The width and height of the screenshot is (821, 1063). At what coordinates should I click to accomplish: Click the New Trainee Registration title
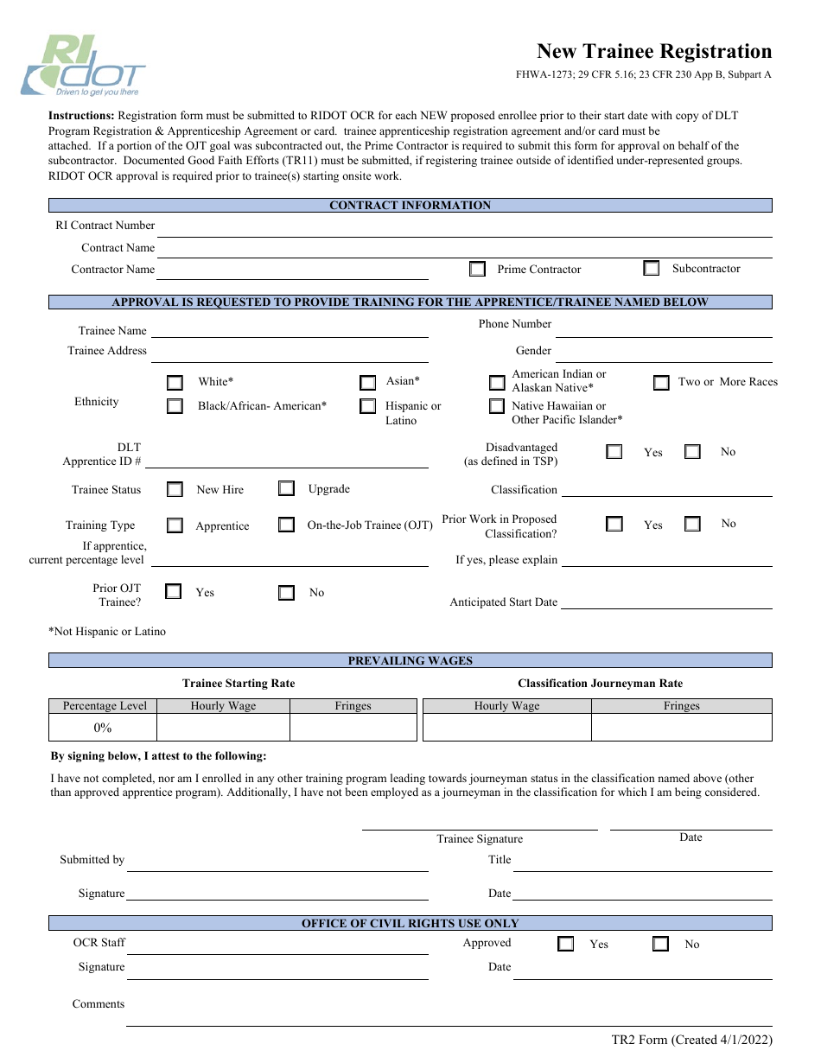click(x=653, y=51)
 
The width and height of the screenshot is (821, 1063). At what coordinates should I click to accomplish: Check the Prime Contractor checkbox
click(x=477, y=269)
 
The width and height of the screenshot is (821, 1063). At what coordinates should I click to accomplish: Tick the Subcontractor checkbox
click(x=652, y=268)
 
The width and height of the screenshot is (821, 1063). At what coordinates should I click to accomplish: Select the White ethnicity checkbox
click(x=175, y=382)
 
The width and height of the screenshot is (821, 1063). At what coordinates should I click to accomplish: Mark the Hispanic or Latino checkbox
click(x=368, y=406)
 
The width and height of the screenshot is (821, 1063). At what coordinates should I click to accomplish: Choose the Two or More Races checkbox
click(x=661, y=382)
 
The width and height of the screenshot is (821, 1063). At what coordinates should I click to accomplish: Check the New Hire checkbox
click(x=175, y=489)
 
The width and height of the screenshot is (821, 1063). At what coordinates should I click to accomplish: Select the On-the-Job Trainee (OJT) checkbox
click(x=286, y=525)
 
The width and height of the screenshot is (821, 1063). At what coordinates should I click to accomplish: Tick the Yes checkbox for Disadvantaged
click(x=614, y=451)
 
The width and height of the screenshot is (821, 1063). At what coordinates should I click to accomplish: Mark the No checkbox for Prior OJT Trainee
click(x=286, y=592)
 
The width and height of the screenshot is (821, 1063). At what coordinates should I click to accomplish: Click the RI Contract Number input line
click(x=464, y=227)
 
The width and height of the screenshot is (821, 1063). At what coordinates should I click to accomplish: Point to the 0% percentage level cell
click(x=103, y=728)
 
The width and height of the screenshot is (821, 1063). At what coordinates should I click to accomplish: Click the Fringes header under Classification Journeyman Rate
click(x=681, y=706)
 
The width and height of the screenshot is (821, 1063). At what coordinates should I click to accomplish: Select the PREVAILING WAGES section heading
click(x=410, y=661)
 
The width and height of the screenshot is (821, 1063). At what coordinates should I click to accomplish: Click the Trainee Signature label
click(x=479, y=838)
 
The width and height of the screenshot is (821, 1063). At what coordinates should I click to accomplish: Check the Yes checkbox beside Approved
click(x=565, y=944)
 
